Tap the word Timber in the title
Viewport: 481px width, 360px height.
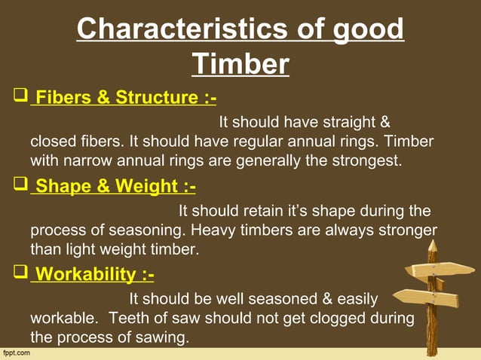coord(240,64)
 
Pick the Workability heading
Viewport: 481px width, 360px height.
coord(95,273)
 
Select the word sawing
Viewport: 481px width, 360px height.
coord(159,337)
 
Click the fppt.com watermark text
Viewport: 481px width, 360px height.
coord(17,352)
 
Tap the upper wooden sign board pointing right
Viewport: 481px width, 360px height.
coord(442,270)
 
